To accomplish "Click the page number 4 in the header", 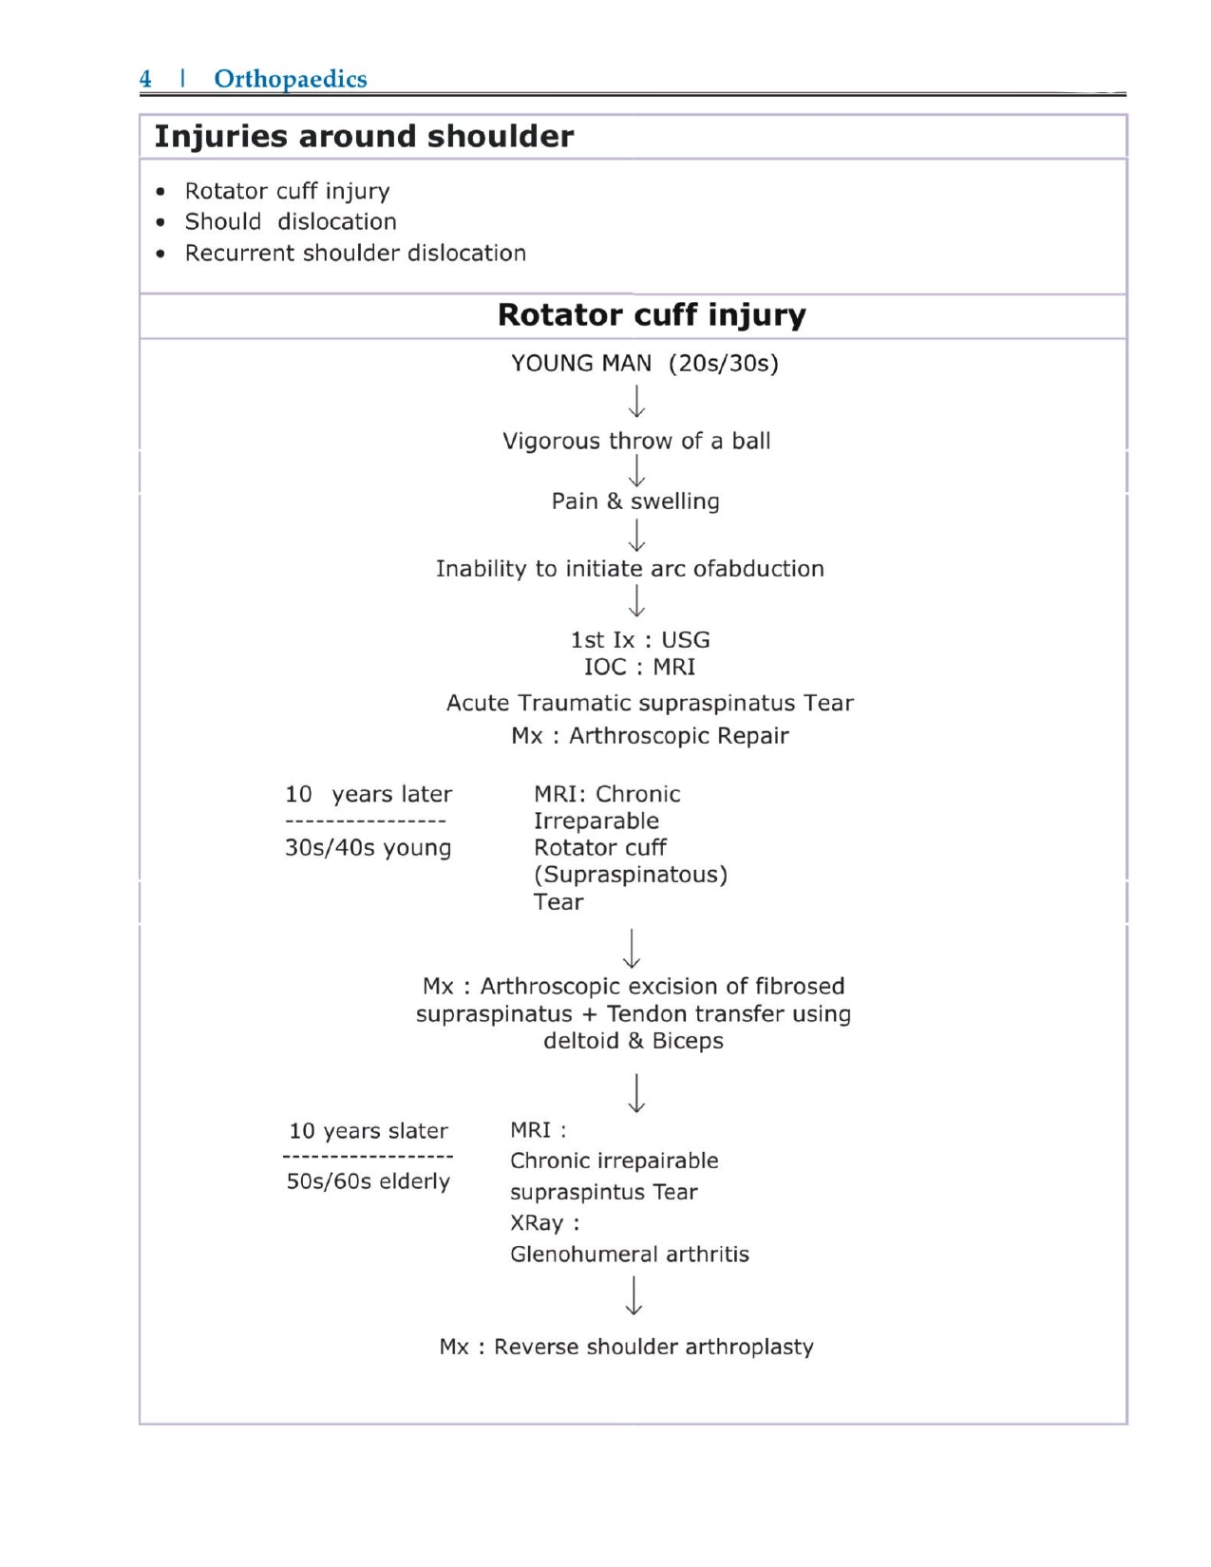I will [x=145, y=79].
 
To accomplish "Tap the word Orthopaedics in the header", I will [x=290, y=79].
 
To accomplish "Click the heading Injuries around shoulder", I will [x=364, y=137].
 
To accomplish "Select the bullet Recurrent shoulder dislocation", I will [x=355, y=254].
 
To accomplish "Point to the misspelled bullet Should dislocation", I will [x=291, y=222].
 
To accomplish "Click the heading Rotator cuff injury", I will [x=652, y=315].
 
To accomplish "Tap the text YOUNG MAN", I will [x=581, y=364].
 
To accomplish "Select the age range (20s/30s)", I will [x=724, y=364].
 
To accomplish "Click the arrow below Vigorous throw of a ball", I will [x=637, y=470].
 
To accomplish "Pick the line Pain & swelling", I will [x=635, y=501].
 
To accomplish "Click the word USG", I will [x=686, y=640].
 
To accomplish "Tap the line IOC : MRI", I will [x=639, y=668].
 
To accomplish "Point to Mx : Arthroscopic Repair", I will [x=650, y=736].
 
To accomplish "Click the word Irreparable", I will [x=596, y=821].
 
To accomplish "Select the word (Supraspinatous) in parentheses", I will [x=631, y=875].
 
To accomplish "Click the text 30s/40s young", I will [x=368, y=848].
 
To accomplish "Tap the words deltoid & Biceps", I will [x=634, y=1042].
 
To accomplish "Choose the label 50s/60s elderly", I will [x=368, y=1182].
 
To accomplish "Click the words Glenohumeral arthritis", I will [x=629, y=1255].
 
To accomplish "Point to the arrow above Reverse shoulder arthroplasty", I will [x=634, y=1295].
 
